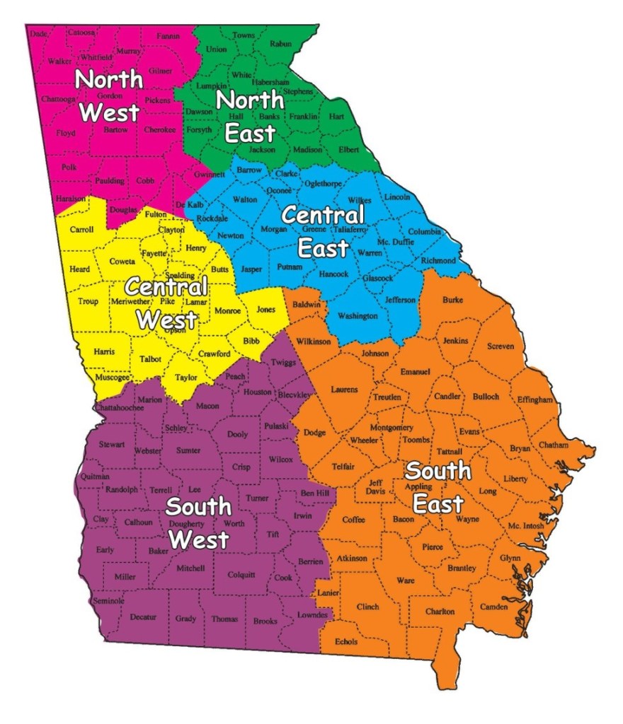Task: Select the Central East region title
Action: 323,230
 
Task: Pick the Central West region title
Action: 166,303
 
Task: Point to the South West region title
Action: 198,522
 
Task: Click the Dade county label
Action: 40,33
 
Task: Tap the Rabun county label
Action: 280,44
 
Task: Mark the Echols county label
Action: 345,642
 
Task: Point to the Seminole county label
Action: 108,600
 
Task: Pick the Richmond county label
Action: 438,261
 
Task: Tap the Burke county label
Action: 452,300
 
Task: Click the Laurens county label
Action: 344,390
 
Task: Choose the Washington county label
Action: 358,316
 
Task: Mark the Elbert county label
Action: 348,149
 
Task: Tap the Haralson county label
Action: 71,199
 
